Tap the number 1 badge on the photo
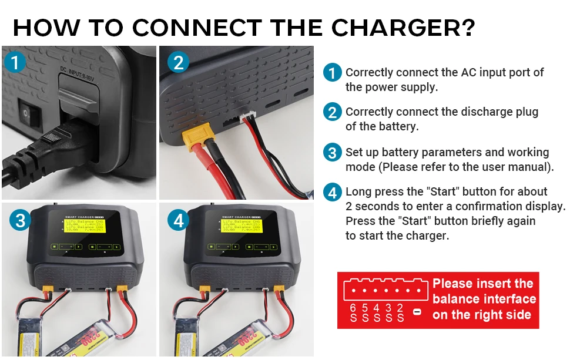[x=16, y=62]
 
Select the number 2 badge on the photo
[x=178, y=62]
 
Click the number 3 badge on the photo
[x=21, y=220]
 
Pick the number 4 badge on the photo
[x=178, y=220]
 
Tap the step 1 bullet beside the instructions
[x=333, y=73]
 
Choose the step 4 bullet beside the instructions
[x=333, y=192]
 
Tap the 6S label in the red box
[x=353, y=312]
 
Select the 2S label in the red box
[x=400, y=312]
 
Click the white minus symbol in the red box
[x=417, y=311]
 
